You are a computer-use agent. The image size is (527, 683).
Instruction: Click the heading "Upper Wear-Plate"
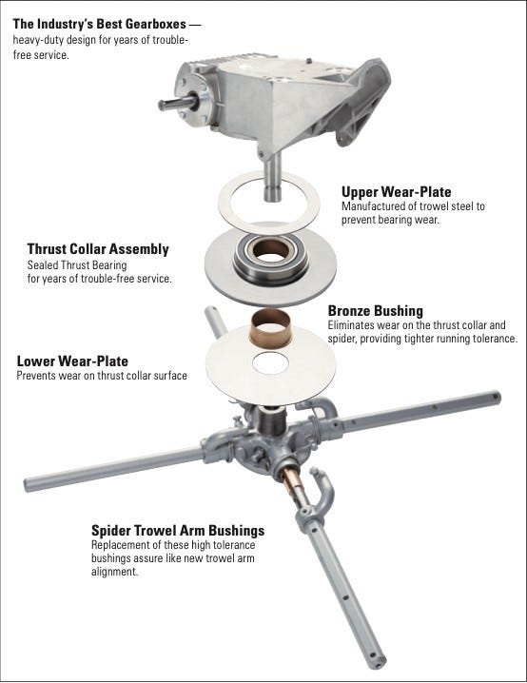click(x=396, y=191)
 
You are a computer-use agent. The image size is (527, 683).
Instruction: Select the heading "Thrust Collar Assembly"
click(x=98, y=248)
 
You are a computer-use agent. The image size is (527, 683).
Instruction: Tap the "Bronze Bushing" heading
click(x=376, y=310)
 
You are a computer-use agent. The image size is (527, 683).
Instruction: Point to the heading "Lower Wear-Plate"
click(x=72, y=361)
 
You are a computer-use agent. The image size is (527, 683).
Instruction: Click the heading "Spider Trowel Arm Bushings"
click(x=178, y=531)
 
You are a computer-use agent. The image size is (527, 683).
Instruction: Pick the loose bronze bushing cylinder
click(x=271, y=327)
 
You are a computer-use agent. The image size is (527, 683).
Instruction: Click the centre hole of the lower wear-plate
click(x=270, y=362)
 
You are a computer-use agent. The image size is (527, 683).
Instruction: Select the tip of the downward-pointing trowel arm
click(x=378, y=663)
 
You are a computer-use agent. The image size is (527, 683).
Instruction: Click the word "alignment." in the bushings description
click(x=114, y=572)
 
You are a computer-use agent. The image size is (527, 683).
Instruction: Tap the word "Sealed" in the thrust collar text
click(x=43, y=264)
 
